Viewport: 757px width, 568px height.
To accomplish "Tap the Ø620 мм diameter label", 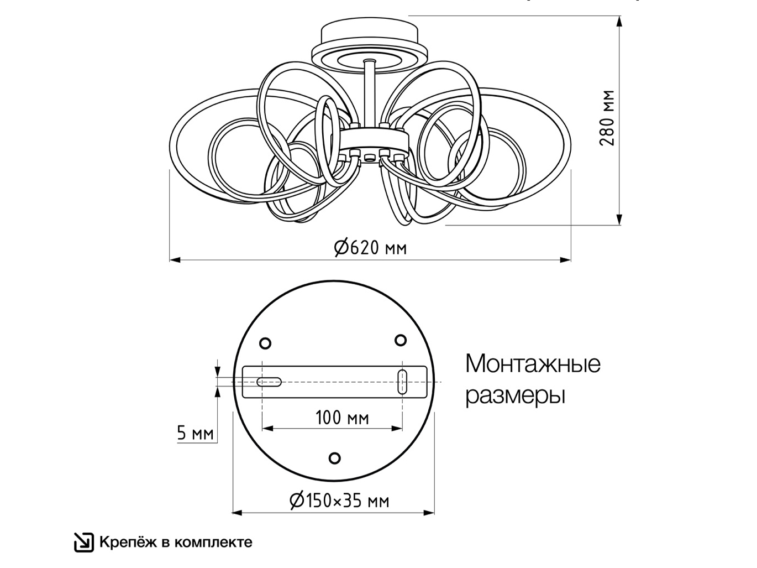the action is [x=370, y=248].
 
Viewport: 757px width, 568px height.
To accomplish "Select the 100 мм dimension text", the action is [x=342, y=418].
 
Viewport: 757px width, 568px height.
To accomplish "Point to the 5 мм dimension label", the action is [x=195, y=433].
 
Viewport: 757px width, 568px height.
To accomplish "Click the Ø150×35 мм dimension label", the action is [x=339, y=501].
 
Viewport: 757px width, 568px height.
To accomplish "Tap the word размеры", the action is [x=515, y=396].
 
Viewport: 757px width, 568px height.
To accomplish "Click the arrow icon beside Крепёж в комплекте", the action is [x=84, y=543].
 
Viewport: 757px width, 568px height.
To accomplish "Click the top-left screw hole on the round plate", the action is [x=265, y=343].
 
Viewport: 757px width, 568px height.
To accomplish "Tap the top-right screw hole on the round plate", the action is [x=400, y=340].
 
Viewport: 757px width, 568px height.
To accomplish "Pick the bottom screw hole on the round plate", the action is [x=334, y=458].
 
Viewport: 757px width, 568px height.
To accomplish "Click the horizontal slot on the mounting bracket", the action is [x=269, y=382].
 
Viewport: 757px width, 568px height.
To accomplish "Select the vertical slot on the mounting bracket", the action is [x=402, y=382].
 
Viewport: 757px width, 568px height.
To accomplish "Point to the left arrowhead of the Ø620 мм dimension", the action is [x=175, y=260].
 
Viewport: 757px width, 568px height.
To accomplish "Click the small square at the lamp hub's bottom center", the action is [x=369, y=158].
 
